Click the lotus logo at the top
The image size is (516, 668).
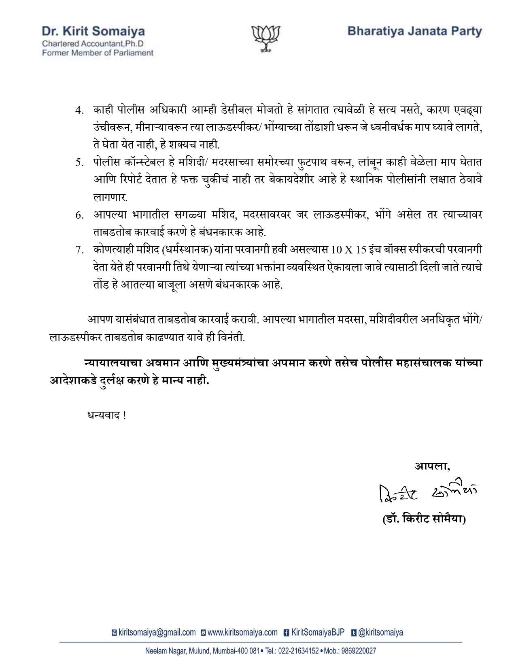tap(266, 39)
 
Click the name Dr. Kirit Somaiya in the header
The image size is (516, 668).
tap(93, 31)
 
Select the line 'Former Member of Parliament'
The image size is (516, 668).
tap(98, 53)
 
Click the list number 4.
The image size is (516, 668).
tap(79, 111)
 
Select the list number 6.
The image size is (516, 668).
tap(79, 215)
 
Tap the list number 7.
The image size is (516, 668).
tap(79, 250)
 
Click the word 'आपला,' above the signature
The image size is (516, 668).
tap(432, 466)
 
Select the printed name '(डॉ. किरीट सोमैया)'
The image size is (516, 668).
tap(424, 519)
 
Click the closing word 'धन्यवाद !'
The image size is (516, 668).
tap(106, 415)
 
